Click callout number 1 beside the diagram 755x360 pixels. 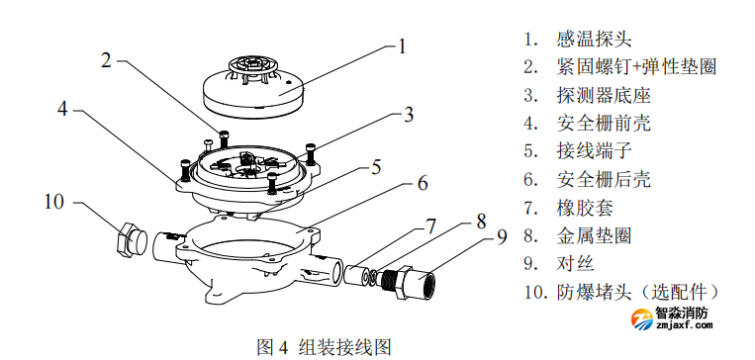(403, 45)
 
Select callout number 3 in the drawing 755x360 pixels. (408, 115)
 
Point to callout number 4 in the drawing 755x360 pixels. (61, 109)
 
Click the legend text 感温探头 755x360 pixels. (593, 40)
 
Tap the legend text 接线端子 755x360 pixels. (593, 151)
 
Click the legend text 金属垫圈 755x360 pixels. (593, 235)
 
